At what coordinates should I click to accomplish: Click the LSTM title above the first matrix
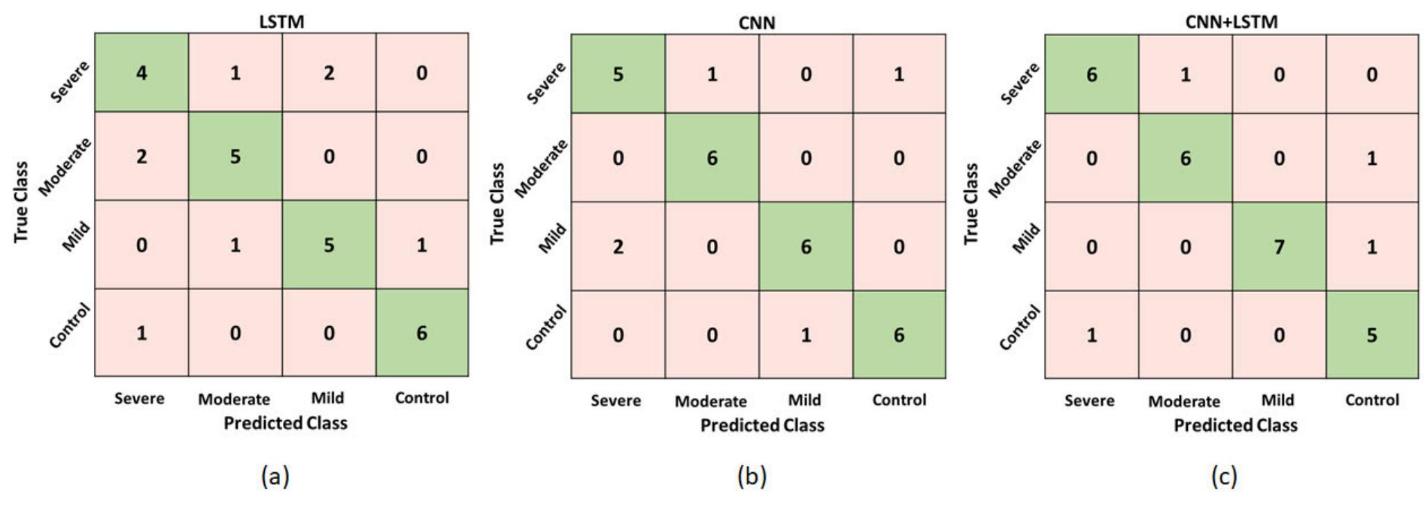282,22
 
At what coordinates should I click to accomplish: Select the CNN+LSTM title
1231,22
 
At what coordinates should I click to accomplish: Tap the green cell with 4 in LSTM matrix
141,72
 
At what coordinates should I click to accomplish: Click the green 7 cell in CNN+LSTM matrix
1278,246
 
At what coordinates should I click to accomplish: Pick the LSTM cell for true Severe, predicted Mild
329,72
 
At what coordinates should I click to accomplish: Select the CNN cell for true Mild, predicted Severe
617,246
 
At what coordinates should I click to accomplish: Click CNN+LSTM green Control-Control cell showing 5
1371,335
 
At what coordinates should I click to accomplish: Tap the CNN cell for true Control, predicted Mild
805,335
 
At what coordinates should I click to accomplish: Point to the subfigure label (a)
275,476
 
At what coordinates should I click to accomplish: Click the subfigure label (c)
1223,476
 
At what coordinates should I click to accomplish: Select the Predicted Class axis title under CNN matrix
762,425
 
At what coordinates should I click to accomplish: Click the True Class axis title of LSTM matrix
22,202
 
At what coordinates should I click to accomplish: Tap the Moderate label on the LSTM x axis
234,399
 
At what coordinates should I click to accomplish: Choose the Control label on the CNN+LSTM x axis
1371,400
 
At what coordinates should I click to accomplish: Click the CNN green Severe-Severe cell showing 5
617,74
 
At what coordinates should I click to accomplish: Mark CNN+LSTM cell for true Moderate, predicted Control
1371,158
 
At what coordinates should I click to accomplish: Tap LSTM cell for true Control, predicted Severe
141,333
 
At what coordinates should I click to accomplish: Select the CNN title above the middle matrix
756,23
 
